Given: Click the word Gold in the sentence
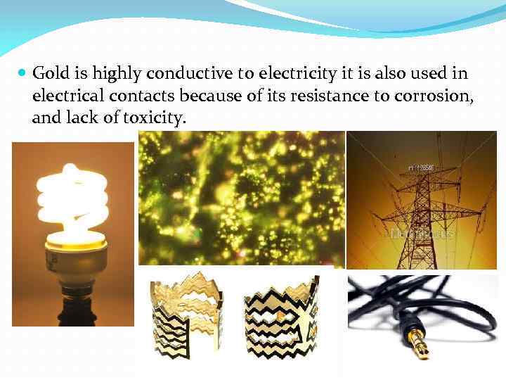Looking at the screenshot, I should (48, 73).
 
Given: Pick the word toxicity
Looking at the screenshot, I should (154, 118).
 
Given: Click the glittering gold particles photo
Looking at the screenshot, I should (242, 198).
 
